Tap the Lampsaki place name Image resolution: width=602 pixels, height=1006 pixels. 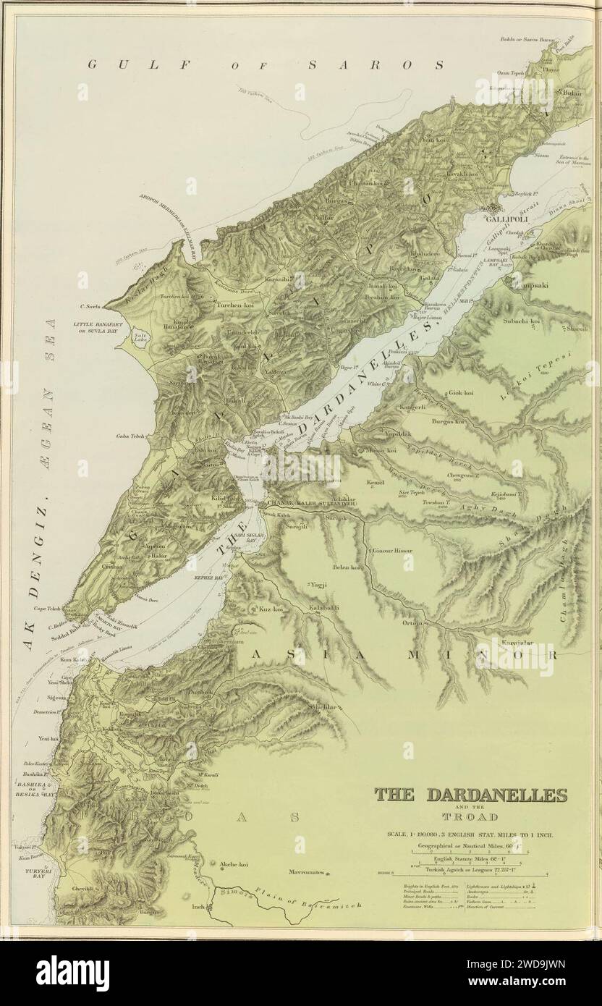530,285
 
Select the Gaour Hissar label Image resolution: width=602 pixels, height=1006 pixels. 393,550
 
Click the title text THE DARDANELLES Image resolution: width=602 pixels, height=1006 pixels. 470,795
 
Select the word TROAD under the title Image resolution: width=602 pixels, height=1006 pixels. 470,817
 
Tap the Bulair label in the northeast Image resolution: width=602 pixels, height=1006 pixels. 551,114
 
